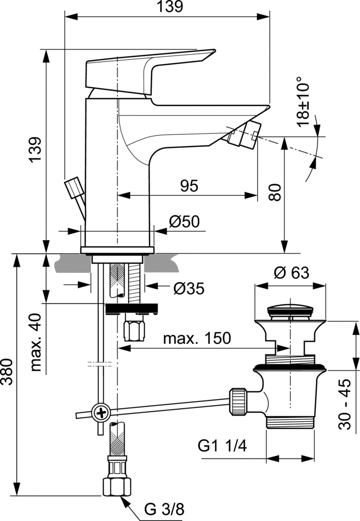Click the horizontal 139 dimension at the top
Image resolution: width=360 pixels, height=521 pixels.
[167, 7]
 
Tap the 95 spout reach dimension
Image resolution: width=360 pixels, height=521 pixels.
[189, 186]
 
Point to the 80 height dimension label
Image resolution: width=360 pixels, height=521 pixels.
[274, 192]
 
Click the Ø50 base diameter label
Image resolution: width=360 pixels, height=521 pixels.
[185, 222]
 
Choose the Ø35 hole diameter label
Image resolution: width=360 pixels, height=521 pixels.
[188, 288]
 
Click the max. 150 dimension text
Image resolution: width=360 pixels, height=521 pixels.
[197, 338]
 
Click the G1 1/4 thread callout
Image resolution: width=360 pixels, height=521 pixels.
[222, 446]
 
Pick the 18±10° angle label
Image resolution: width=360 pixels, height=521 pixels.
[304, 101]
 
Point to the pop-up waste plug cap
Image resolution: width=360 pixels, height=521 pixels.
[290, 309]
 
